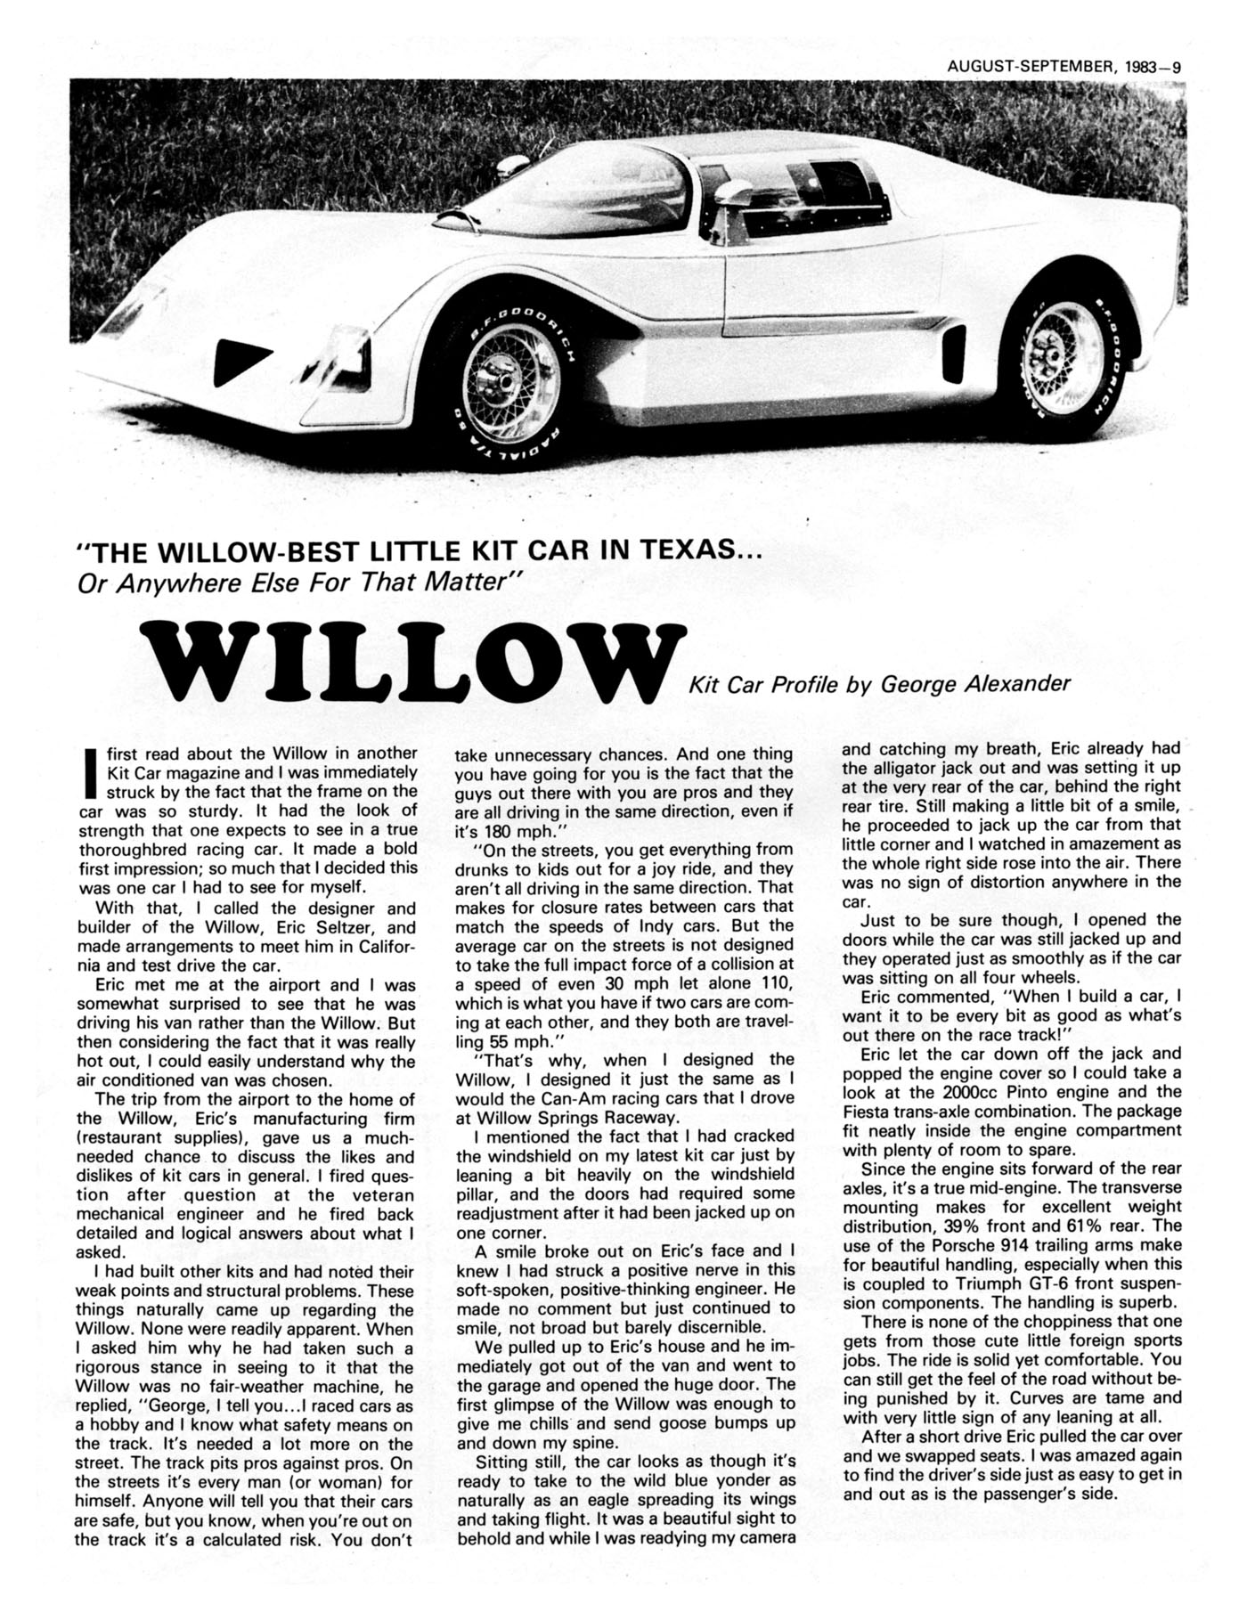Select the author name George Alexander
pos(975,684)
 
